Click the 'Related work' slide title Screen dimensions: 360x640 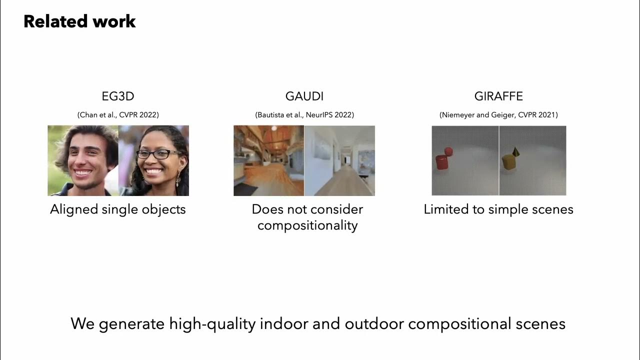tap(79, 21)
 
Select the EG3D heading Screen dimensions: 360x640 tap(118, 96)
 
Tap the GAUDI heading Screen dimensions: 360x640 tap(304, 96)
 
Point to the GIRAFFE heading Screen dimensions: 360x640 tap(498, 96)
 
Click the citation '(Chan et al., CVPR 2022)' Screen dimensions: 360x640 tap(118, 115)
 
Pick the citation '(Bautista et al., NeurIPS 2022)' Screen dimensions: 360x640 tap(304, 115)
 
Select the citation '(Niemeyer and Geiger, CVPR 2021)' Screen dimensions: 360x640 tap(498, 115)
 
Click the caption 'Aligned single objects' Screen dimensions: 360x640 tap(118, 209)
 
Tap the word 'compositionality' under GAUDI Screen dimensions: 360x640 tap(307, 225)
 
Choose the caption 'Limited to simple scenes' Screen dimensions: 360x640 tap(498, 209)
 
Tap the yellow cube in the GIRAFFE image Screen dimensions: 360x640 tap(509, 161)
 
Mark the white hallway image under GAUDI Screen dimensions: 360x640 tap(339, 160)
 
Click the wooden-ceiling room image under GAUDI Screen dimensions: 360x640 tap(268, 160)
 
